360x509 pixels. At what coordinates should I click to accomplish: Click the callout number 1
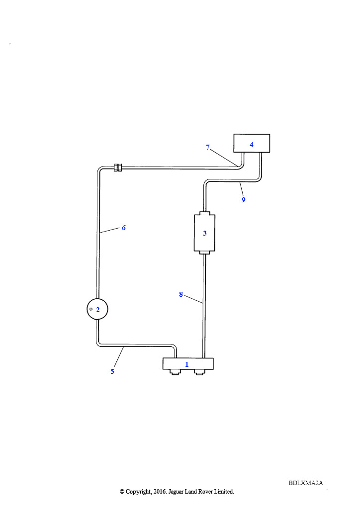[186, 364]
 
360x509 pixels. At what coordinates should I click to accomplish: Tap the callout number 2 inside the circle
[98, 310]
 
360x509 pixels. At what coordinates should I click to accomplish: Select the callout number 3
[204, 233]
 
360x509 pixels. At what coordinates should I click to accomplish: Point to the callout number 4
[251, 145]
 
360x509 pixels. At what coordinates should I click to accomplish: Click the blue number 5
[112, 371]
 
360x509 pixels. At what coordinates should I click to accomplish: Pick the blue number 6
[124, 228]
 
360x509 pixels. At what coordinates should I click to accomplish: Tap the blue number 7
[208, 147]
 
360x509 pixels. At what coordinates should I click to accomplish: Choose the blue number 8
[181, 294]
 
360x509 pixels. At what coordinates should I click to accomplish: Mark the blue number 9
[244, 200]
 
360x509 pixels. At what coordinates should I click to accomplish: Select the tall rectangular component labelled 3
[204, 233]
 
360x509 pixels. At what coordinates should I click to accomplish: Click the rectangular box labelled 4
[252, 143]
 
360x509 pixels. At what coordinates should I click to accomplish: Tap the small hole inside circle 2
[91, 309]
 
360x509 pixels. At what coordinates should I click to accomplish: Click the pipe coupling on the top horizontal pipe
[117, 168]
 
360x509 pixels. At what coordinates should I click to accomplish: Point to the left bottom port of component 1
[176, 372]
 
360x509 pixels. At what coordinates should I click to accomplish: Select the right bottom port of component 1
[199, 372]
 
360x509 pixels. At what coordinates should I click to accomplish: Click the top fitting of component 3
[204, 213]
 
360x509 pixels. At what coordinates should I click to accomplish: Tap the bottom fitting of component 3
[204, 253]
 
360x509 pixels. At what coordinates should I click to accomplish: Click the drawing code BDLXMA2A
[306, 483]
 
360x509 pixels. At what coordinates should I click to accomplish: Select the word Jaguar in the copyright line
[176, 492]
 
